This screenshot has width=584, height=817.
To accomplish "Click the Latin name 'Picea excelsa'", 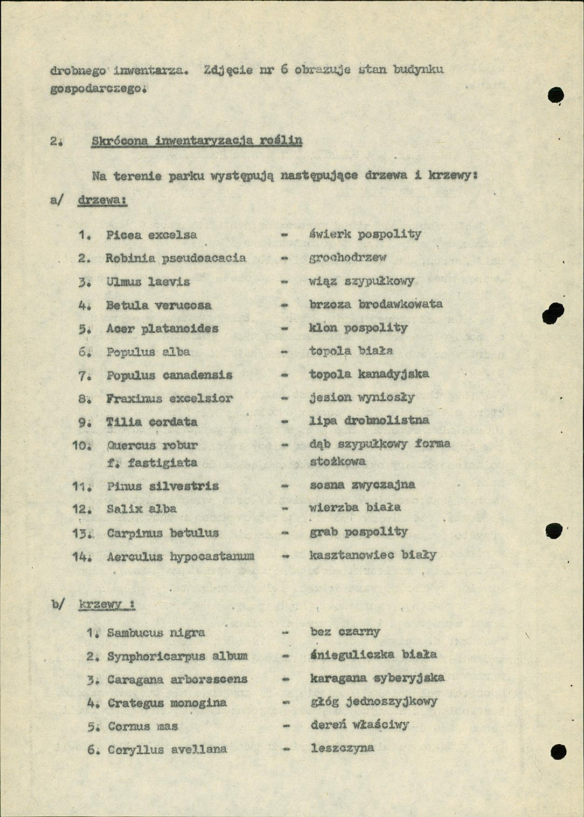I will (x=151, y=235).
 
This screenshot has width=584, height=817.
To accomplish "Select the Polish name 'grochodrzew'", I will (x=347, y=258).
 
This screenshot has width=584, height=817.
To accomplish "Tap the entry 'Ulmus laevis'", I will (x=147, y=281).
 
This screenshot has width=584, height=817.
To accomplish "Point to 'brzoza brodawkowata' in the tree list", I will (x=376, y=304).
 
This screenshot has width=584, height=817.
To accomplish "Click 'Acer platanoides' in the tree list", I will (x=162, y=328).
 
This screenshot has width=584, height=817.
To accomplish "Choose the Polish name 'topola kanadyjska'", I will (x=369, y=374).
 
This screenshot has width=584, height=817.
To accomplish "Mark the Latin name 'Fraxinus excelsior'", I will (x=169, y=398).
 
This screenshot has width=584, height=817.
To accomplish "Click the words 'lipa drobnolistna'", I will (x=369, y=421).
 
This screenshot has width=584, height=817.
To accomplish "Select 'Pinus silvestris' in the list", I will (x=163, y=486).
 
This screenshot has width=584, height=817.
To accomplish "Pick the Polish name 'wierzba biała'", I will (x=355, y=507).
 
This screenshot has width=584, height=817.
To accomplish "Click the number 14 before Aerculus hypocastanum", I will (x=81, y=556).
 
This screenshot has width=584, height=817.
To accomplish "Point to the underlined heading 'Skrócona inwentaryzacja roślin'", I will (x=197, y=141).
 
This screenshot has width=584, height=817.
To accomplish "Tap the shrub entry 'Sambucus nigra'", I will (x=156, y=632).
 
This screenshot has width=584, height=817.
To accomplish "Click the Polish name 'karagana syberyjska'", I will (x=377, y=679).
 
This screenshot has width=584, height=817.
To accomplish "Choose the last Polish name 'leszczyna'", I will (x=344, y=748).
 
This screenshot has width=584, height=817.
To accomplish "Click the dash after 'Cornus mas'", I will (x=287, y=726).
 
